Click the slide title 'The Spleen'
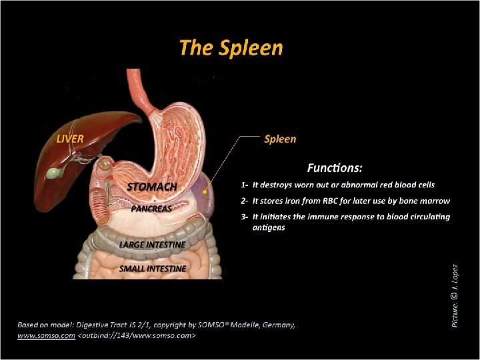[231, 48]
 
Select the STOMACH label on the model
[152, 187]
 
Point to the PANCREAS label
[151, 208]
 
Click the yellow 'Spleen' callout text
[280, 139]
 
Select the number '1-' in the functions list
[245, 185]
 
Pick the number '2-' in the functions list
[245, 201]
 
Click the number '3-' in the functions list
[245, 217]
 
